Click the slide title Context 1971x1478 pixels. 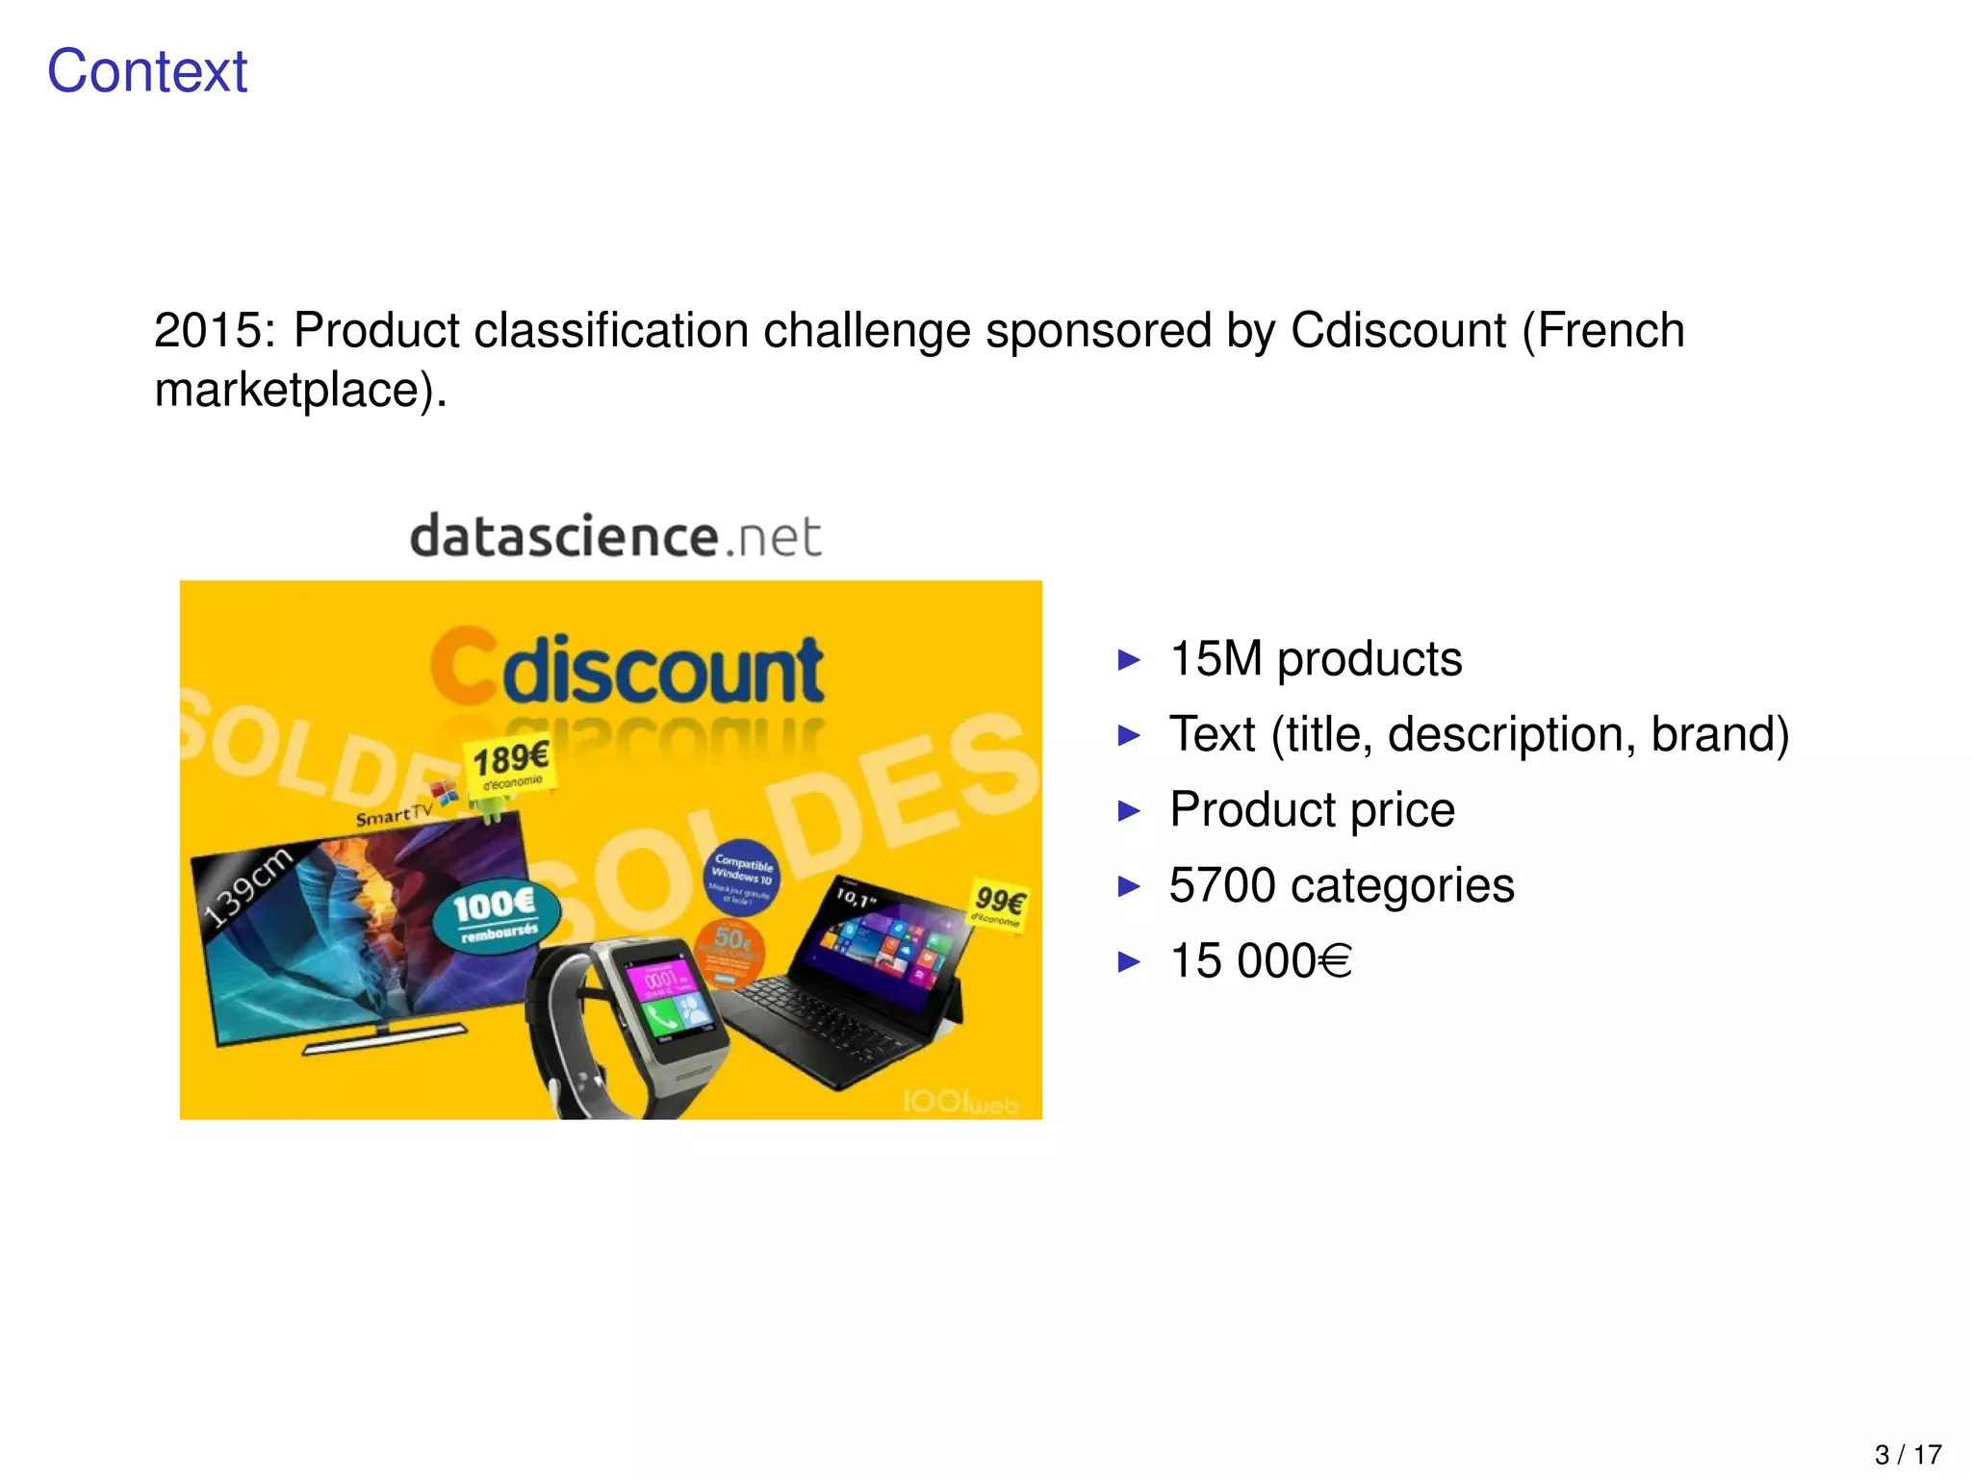click(x=147, y=71)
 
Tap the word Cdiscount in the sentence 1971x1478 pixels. click(x=1397, y=331)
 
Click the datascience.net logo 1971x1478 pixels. click(x=616, y=536)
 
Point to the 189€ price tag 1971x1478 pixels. click(x=510, y=765)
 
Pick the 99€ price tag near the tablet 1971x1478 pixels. click(x=999, y=905)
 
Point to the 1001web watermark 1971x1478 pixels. click(x=960, y=1102)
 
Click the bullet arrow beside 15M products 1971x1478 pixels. click(x=1129, y=660)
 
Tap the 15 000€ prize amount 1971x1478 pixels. click(x=1260, y=960)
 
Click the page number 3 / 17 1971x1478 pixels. click(x=1907, y=1454)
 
